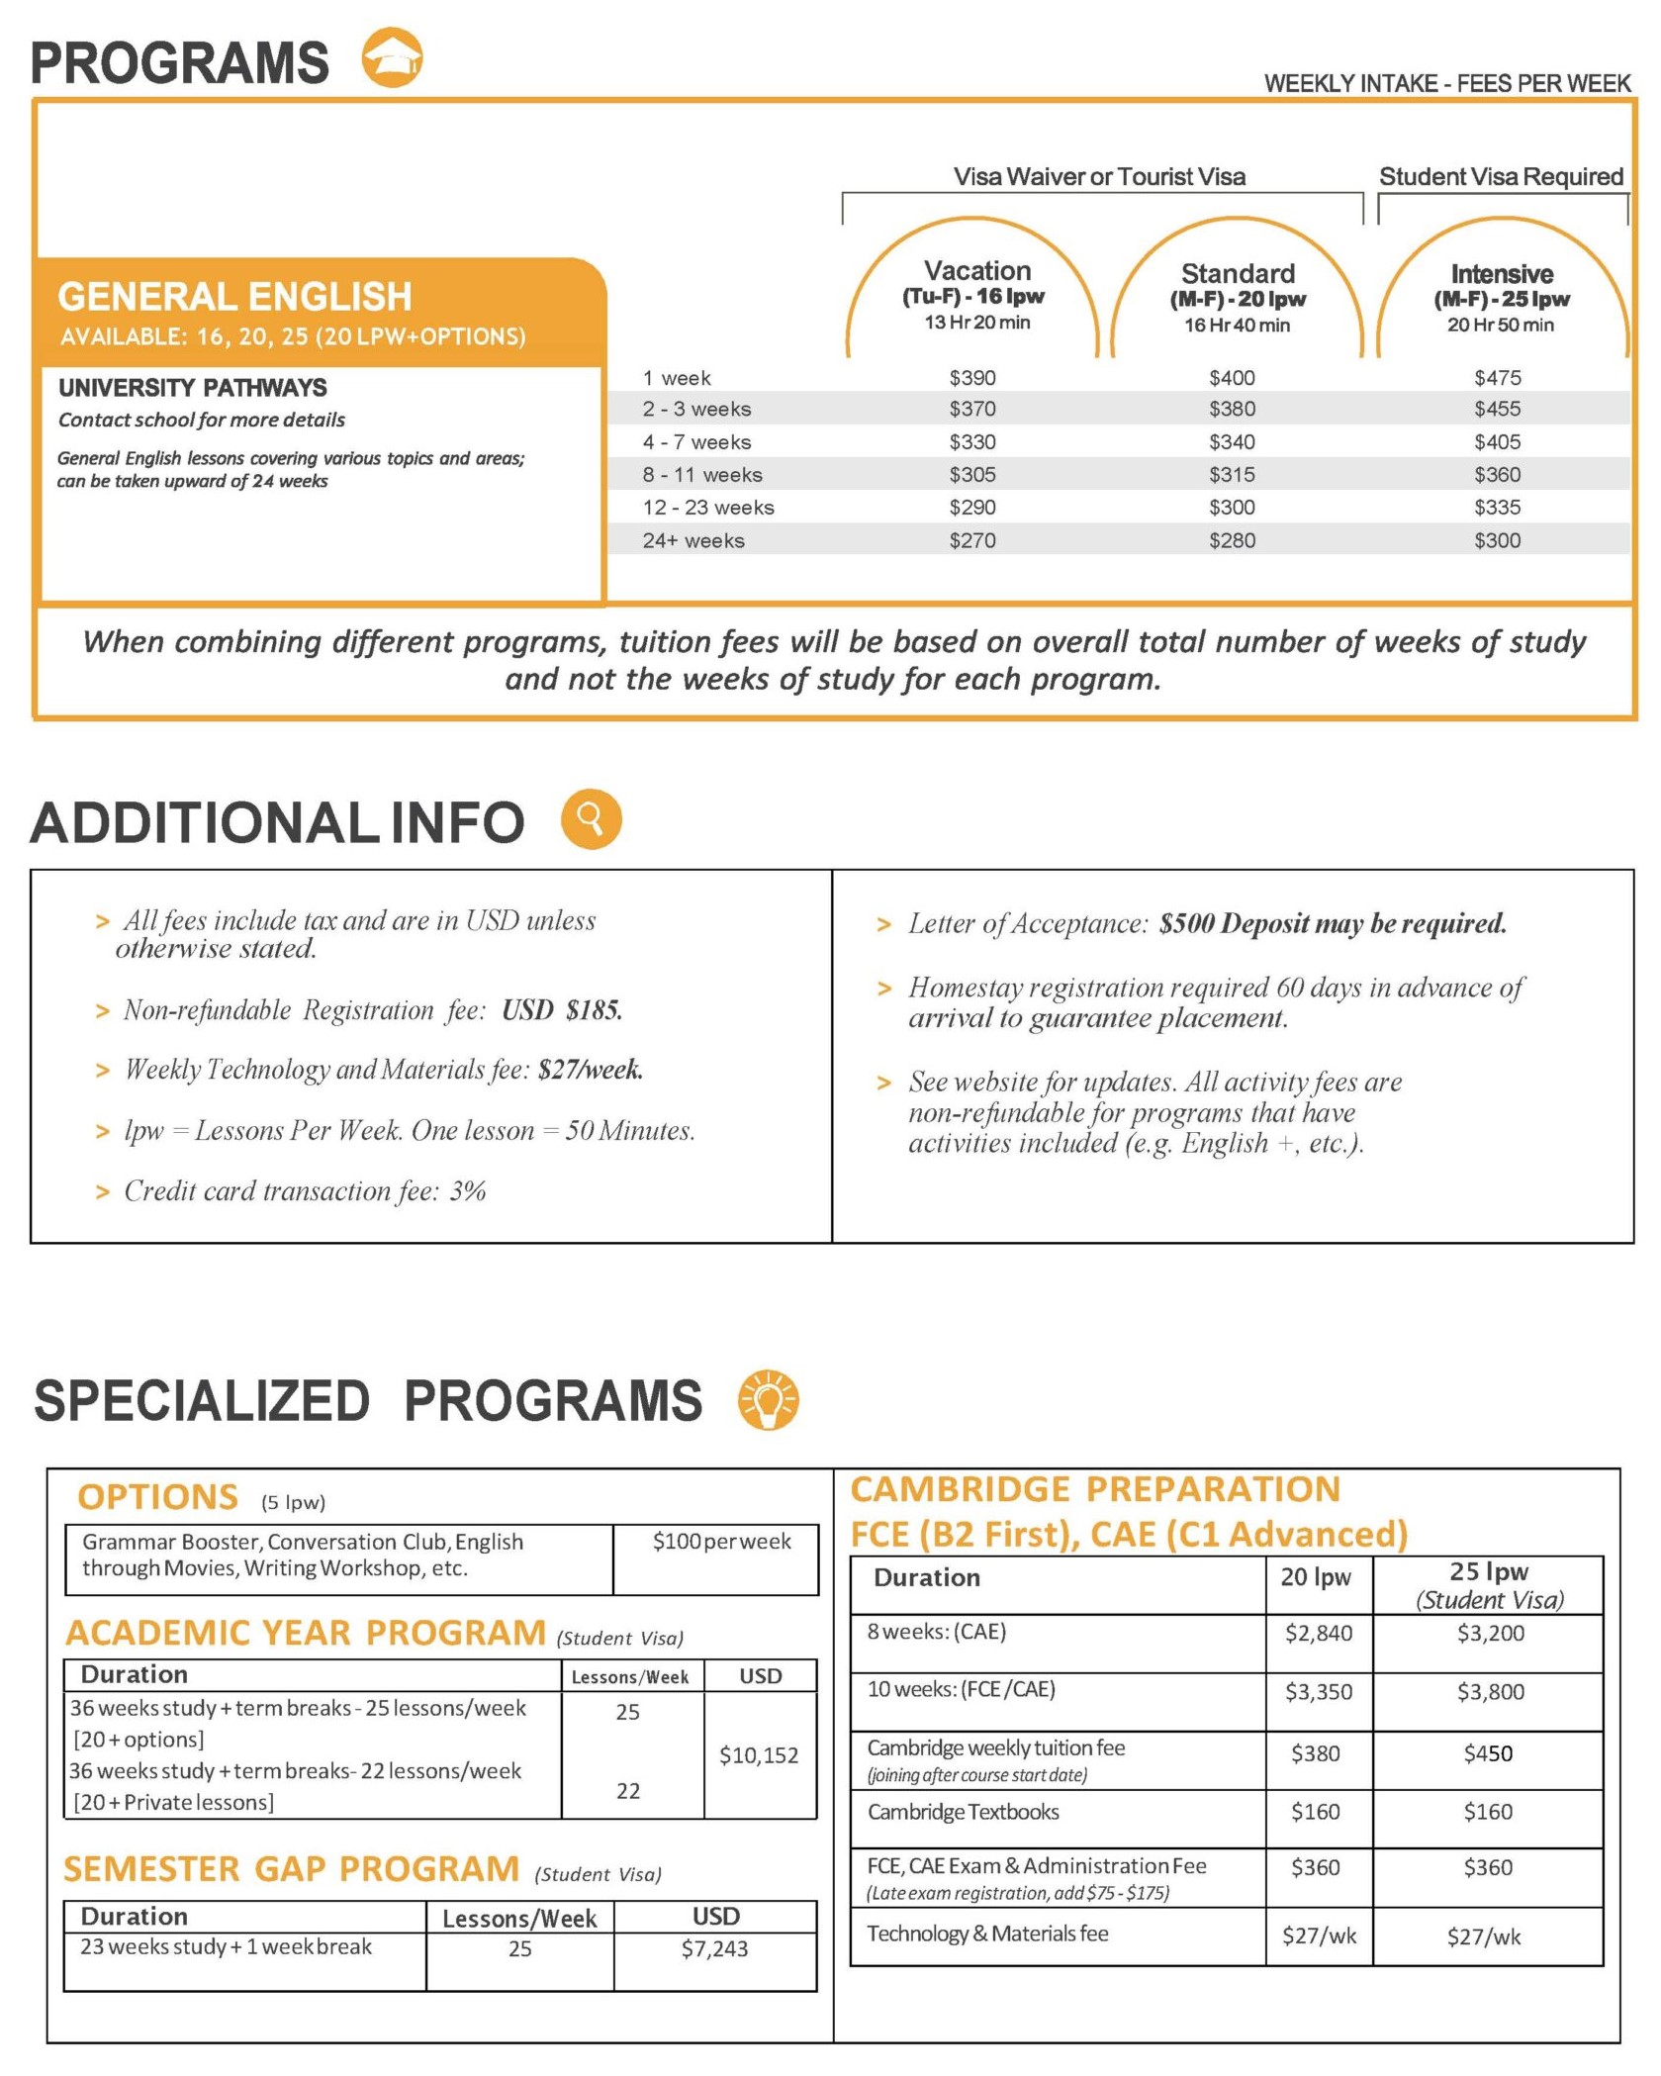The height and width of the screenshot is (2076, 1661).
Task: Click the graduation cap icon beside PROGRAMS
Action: coord(392,57)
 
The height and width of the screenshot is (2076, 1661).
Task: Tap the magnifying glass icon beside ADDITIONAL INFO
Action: coord(591,819)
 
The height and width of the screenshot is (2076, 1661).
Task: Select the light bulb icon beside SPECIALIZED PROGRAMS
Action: coord(768,1399)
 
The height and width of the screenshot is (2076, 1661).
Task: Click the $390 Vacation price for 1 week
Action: coord(971,378)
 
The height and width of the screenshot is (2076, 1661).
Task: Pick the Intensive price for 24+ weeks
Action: coord(1497,540)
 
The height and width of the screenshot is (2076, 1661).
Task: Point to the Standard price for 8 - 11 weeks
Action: coord(1232,475)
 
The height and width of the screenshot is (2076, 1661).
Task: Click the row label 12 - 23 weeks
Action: coord(707,508)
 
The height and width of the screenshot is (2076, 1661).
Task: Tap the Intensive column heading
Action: coord(1501,274)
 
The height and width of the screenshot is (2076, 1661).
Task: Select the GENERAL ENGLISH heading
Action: coord(234,296)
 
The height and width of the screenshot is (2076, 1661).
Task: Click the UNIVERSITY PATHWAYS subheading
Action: coord(192,387)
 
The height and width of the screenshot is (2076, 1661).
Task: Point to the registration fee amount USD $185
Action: coord(562,1010)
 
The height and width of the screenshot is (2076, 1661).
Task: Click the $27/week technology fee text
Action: coord(591,1070)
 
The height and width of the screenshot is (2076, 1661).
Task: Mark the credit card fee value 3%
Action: coord(468,1191)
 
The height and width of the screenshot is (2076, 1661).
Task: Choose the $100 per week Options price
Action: coord(721,1541)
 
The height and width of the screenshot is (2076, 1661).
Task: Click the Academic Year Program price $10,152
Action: coord(758,1755)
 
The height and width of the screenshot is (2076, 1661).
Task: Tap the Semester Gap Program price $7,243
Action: coord(714,1948)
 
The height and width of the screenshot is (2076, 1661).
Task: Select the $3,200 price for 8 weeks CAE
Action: coord(1490,1633)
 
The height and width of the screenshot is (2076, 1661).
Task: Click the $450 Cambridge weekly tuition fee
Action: coord(1488,1753)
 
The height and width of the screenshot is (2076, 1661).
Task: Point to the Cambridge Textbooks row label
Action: coord(963,1812)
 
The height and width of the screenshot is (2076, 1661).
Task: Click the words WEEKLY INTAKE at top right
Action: coord(1350,84)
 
